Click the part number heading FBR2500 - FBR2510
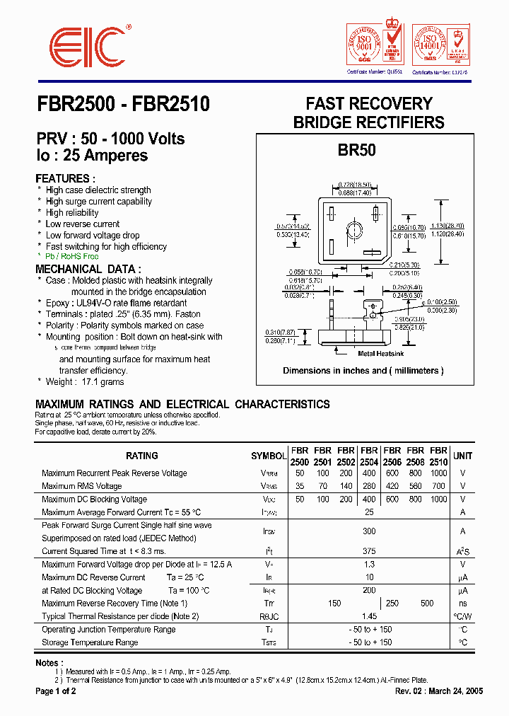coord(122,104)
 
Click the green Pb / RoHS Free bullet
coord(72,256)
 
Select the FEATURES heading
coord(65,178)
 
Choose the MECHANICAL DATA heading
coord(88,269)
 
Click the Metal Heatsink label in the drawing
coord(381,353)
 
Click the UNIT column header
coord(463,456)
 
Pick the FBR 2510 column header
coord(439,456)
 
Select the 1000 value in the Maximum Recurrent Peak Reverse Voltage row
coord(439,473)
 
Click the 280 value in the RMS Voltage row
coord(368,486)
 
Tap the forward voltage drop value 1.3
coord(368,564)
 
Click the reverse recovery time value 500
coord(427,604)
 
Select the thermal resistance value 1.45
coord(368,616)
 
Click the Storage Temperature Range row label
coord(90,642)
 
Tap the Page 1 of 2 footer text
coord(56,691)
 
